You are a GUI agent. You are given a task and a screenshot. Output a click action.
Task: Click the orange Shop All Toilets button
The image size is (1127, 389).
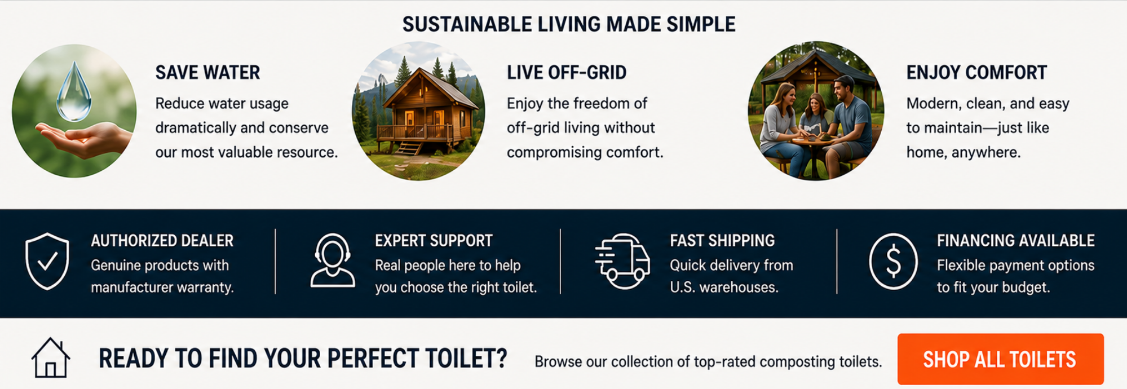1000,359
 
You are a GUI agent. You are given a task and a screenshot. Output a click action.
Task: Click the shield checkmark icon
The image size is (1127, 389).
47,261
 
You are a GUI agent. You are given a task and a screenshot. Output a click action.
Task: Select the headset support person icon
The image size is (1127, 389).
333,260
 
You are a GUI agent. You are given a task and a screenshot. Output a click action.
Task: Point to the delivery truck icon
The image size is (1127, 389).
622,260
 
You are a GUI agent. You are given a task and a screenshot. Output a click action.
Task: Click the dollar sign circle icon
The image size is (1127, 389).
893,261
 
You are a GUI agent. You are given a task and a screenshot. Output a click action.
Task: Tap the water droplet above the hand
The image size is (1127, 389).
74,91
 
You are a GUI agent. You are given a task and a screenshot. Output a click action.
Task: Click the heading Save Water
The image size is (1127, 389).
207,73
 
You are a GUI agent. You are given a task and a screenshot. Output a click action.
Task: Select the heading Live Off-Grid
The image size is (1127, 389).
567,73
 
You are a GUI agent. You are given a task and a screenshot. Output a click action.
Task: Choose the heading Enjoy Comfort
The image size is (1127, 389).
976,73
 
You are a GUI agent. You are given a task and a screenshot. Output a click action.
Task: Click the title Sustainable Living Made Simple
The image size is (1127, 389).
569,24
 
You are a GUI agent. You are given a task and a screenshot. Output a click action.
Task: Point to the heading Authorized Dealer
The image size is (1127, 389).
162,241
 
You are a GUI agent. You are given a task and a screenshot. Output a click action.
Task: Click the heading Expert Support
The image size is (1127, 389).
434,241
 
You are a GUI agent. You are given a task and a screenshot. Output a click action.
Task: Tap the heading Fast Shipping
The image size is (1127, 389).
722,241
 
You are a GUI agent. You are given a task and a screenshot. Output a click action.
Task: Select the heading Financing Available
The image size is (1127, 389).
1016,241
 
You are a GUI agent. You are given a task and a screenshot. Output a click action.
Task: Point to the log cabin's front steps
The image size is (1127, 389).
410,148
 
